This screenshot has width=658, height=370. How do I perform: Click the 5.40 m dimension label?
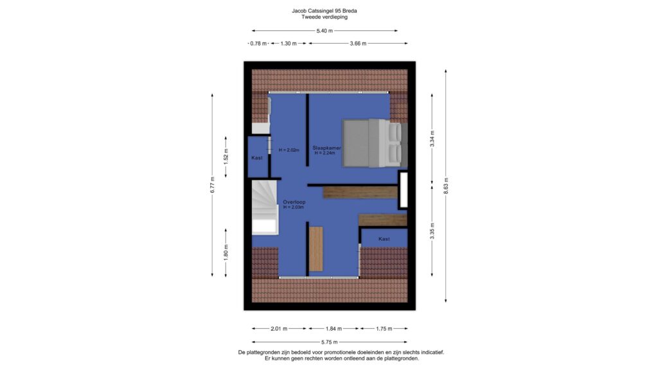[x=325, y=31]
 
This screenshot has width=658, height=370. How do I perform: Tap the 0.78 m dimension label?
[x=258, y=43]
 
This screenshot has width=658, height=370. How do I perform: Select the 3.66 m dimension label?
[x=358, y=43]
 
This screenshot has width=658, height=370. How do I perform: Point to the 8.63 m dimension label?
[x=446, y=186]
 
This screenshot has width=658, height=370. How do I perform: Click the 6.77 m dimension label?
[x=212, y=185]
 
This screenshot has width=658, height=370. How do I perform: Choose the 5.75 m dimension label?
[x=330, y=342]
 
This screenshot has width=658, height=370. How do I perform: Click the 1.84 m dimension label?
[x=333, y=329]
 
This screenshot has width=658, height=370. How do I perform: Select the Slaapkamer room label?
[x=326, y=148]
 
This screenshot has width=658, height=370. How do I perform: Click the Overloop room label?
[x=294, y=202]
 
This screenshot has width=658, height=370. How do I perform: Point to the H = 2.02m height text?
[x=289, y=150]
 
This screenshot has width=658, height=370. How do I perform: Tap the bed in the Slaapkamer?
[x=375, y=143]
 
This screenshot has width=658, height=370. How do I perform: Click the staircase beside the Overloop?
[x=264, y=207]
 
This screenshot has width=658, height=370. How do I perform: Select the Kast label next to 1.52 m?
[x=257, y=158]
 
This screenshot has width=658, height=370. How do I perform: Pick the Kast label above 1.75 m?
[x=384, y=239]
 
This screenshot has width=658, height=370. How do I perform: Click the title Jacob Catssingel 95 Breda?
[x=325, y=11]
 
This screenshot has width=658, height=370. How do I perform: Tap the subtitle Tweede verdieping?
[x=325, y=17]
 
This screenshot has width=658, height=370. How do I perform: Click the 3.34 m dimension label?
[x=432, y=139]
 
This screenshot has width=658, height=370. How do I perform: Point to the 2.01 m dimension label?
[x=279, y=329]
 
